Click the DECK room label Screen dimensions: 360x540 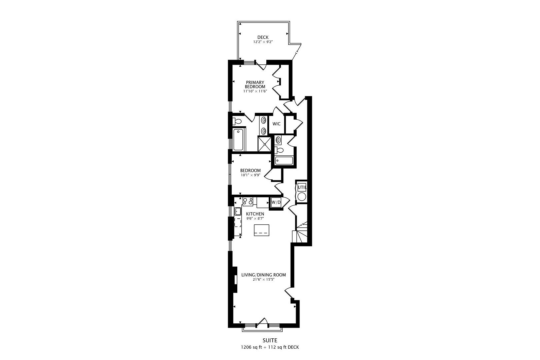263,37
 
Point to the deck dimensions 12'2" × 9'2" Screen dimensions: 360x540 263,42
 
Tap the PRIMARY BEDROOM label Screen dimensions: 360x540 255,84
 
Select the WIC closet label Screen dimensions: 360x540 276,124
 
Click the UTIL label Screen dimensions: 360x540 302,187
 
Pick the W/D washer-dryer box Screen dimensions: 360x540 276,202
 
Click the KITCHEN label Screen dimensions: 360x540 255,214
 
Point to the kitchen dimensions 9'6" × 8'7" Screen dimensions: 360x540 255,219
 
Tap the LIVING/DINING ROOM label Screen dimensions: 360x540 263,275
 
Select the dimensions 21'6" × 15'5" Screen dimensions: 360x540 263,280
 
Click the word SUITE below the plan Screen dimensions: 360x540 270,340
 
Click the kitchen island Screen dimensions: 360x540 261,230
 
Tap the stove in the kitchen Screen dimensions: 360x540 248,201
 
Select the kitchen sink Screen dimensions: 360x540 238,211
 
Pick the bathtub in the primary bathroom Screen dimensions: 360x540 239,140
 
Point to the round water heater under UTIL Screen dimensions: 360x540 302,196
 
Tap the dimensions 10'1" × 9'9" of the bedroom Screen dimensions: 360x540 250,175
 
